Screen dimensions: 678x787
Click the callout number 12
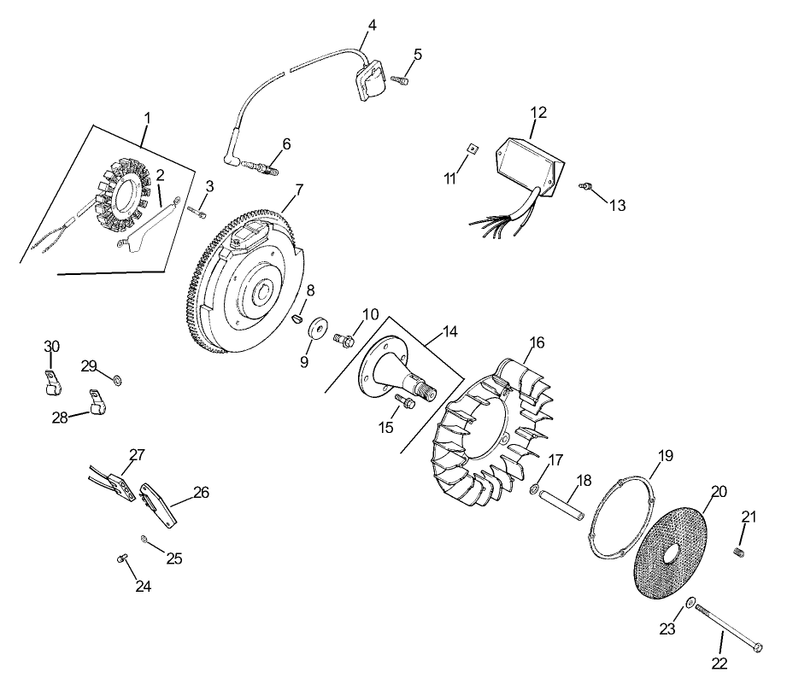point(538,112)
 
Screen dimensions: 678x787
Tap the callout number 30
point(52,346)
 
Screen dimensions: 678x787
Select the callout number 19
point(666,454)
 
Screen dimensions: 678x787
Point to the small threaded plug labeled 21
point(740,553)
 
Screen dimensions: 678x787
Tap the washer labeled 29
point(117,378)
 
